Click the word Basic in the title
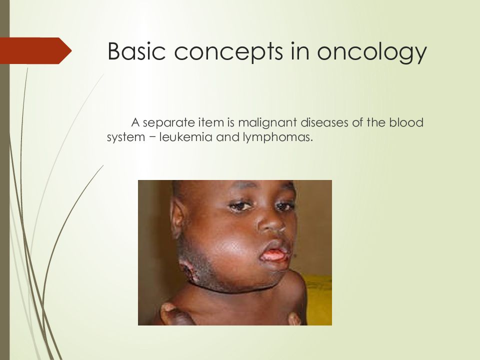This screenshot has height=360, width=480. (x=136, y=51)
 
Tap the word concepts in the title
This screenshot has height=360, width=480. (x=228, y=52)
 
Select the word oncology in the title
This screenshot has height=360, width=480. (x=371, y=52)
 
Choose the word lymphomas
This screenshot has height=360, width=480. (x=278, y=137)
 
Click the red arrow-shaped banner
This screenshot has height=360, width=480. (x=35, y=50)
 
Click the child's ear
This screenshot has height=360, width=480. (x=177, y=217)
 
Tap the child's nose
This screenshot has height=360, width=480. (x=271, y=224)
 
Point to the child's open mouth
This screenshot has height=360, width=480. (x=273, y=254)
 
